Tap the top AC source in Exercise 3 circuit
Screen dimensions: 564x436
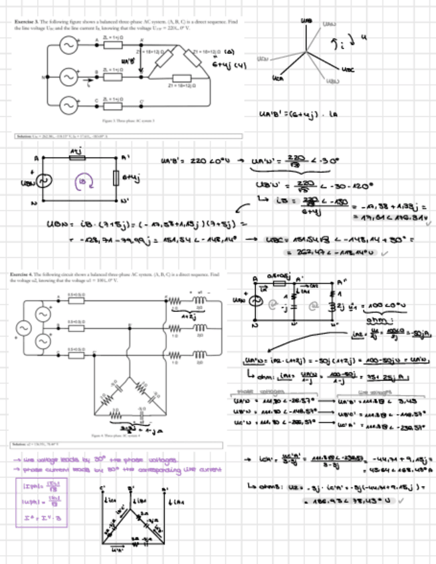click(68, 45)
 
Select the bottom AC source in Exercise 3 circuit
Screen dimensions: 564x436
click(68, 105)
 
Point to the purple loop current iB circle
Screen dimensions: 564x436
click(82, 180)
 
